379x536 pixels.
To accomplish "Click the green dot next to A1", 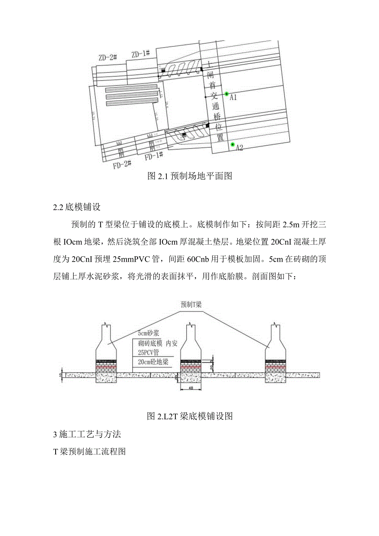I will point(226,94).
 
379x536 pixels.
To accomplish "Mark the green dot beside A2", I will point(232,145).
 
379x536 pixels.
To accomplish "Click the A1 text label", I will point(234,97).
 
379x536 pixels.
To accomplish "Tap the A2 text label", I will point(240,148).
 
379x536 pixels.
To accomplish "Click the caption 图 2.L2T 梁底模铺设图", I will point(189,417).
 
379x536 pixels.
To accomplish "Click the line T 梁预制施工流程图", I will point(89,452).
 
